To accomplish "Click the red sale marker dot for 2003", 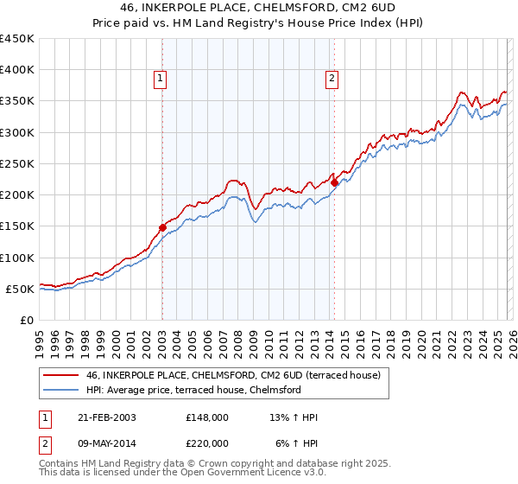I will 162,227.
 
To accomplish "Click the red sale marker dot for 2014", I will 334,182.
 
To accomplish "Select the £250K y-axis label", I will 17,163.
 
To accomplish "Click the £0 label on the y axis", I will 26,320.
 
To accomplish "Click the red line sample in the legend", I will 60,375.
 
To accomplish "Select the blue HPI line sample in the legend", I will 60,390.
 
